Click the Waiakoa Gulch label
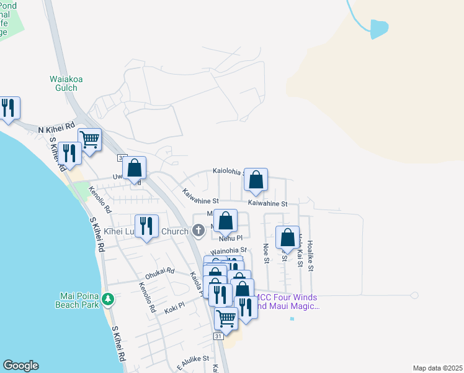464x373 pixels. coord(64,83)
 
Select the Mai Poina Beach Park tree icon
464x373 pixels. coord(109,300)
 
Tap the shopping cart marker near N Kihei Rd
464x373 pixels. coord(90,140)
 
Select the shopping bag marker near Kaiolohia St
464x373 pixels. coord(256,180)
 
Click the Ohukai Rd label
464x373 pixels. coord(158,273)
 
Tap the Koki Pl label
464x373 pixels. coord(174,305)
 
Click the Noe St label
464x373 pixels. coord(266,253)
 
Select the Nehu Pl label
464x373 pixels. coord(230,237)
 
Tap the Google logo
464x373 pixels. coord(20,366)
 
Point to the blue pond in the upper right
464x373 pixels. coord(378,29)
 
